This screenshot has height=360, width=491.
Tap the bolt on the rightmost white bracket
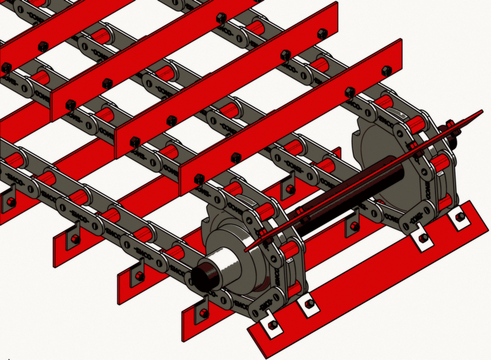[x=460, y=216]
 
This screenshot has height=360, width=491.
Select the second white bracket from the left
[x=308, y=304]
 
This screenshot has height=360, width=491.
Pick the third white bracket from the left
[x=423, y=238]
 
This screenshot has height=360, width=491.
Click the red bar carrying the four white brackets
[x=366, y=281]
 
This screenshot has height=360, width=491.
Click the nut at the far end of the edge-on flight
[x=450, y=124]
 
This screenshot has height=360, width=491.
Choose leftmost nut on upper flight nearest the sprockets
[x=199, y=179]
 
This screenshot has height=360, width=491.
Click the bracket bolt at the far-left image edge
[x=11, y=201]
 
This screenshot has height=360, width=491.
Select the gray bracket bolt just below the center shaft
[x=354, y=226]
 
